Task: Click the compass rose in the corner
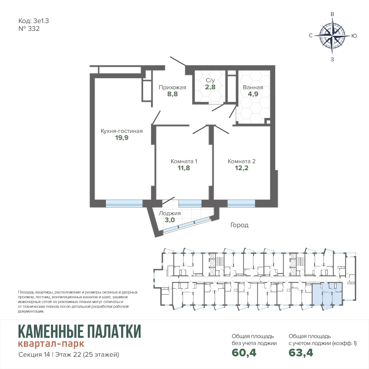coord(332,35)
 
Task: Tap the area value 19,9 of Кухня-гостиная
coord(122,138)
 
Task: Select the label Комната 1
coord(184,161)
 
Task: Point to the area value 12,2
coord(241,168)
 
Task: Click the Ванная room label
coord(253,87)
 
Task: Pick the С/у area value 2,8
coord(210,87)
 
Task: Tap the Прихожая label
coord(172,87)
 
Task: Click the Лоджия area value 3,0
coord(170,220)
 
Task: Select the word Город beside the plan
coord(239,225)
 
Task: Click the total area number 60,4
coord(244,352)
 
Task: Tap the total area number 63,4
coord(301,352)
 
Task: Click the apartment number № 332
coord(29,29)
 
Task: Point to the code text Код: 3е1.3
coord(34,21)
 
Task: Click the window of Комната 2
coord(241,204)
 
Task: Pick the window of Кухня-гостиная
coord(124,204)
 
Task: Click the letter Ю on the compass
coord(354,36)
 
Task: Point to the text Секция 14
coord(34,355)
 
